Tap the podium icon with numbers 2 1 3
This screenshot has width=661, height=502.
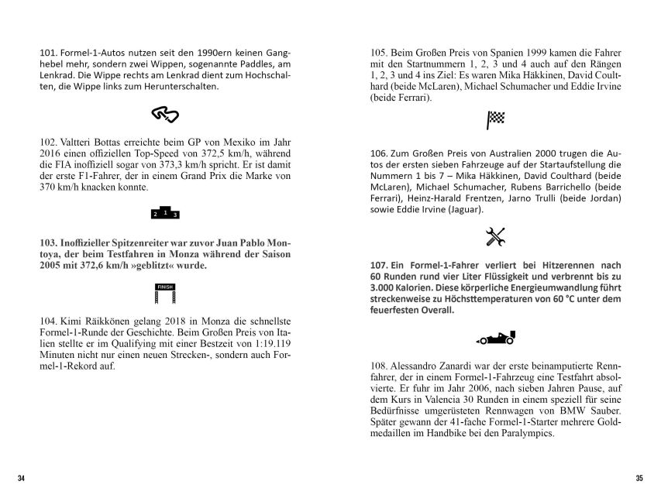point(165,212)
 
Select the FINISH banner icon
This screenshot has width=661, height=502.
point(165,293)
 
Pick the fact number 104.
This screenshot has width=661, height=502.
point(47,319)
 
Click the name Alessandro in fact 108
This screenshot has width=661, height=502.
point(422,364)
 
